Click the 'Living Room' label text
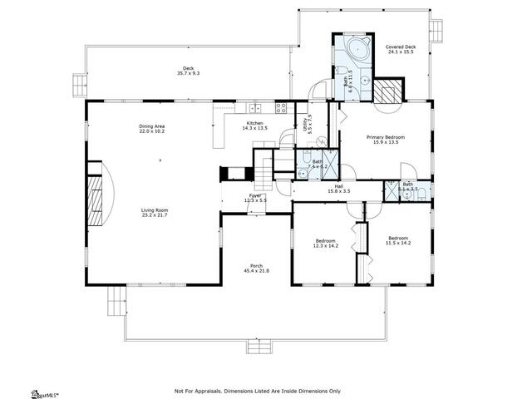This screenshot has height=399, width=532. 154,210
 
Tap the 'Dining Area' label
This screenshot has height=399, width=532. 151,126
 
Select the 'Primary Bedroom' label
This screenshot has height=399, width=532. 386,137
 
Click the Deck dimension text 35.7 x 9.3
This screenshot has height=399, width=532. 189,74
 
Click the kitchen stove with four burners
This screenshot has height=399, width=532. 281,106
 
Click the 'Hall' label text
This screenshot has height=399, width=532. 339,186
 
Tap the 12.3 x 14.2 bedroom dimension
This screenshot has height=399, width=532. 325,246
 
